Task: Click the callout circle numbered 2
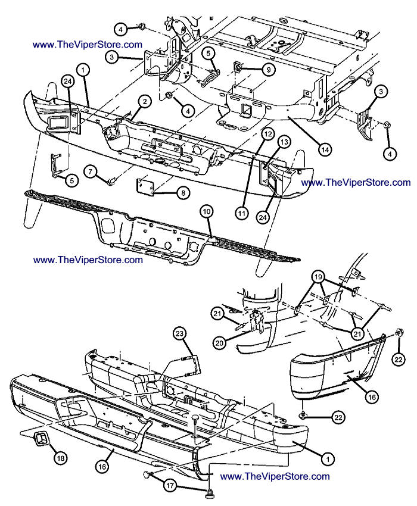click(143, 102)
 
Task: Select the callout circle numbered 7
click(91, 171)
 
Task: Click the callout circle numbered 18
click(60, 458)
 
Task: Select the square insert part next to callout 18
click(41, 439)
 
